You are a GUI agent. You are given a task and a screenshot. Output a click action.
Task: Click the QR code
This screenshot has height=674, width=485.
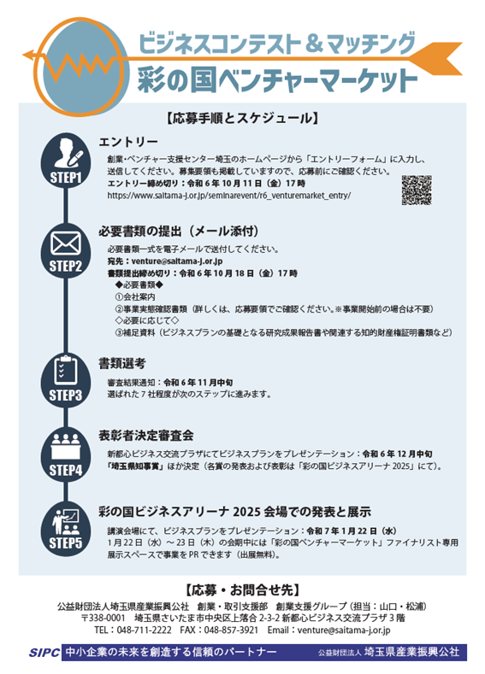click(x=417, y=190)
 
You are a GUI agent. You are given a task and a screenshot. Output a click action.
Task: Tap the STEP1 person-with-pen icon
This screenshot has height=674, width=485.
click(x=68, y=153)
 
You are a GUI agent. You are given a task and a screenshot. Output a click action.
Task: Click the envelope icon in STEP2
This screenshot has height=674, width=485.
click(x=66, y=243)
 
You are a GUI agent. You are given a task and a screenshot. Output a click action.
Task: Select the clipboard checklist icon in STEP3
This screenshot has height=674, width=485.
click(x=66, y=370)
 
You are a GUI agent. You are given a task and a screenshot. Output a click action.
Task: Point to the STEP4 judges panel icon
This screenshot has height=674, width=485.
click(x=66, y=447)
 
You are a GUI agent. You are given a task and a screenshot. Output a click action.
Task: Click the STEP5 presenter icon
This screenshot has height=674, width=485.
click(x=66, y=521)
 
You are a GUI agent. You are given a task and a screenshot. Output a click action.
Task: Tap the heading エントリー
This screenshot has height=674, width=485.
click(x=128, y=142)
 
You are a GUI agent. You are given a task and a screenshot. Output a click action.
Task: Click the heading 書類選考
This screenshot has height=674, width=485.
click(x=122, y=364)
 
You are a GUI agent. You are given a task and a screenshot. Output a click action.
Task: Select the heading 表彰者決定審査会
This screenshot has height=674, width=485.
click(x=146, y=436)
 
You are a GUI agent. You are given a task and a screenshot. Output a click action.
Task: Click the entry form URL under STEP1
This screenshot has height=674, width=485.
click(x=229, y=195)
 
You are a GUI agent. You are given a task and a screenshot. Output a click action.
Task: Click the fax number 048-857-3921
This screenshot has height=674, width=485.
click(x=231, y=630)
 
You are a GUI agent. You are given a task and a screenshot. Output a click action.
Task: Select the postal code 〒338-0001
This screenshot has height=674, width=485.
click(x=104, y=618)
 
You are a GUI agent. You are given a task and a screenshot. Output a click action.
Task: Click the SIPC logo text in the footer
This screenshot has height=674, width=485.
click(x=44, y=653)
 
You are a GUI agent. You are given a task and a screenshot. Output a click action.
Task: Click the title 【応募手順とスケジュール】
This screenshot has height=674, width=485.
click(x=242, y=118)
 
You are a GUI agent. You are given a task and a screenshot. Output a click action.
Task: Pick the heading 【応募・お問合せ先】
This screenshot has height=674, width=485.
click(x=242, y=590)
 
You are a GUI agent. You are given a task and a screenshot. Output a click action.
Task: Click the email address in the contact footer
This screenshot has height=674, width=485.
click(x=344, y=630)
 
